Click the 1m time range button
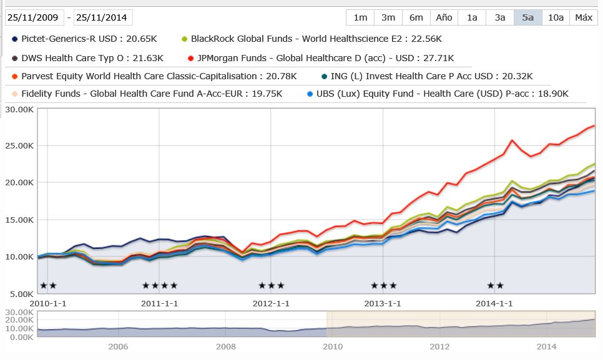[360, 17]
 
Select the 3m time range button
[388, 17]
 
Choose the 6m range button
[416, 17]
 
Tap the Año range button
[444, 17]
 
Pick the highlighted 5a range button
[527, 17]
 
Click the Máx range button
[584, 17]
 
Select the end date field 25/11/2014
[104, 17]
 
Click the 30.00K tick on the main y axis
[18, 109]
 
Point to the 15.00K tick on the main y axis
[18, 220]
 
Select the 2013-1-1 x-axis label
[382, 304]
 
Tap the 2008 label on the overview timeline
[226, 347]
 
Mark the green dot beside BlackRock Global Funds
[184, 39]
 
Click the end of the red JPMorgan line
[593, 125]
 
